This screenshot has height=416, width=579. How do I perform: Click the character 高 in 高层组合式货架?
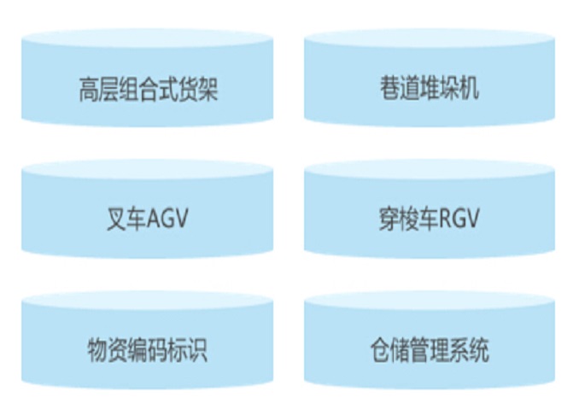click(88, 89)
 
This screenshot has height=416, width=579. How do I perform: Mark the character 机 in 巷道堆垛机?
click(469, 89)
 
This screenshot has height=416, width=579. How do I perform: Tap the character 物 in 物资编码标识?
click(97, 350)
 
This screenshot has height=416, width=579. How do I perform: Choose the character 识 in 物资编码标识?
click(197, 350)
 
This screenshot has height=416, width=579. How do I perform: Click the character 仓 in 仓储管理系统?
click(379, 350)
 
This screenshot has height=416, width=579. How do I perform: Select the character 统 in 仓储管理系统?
click(480, 350)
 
